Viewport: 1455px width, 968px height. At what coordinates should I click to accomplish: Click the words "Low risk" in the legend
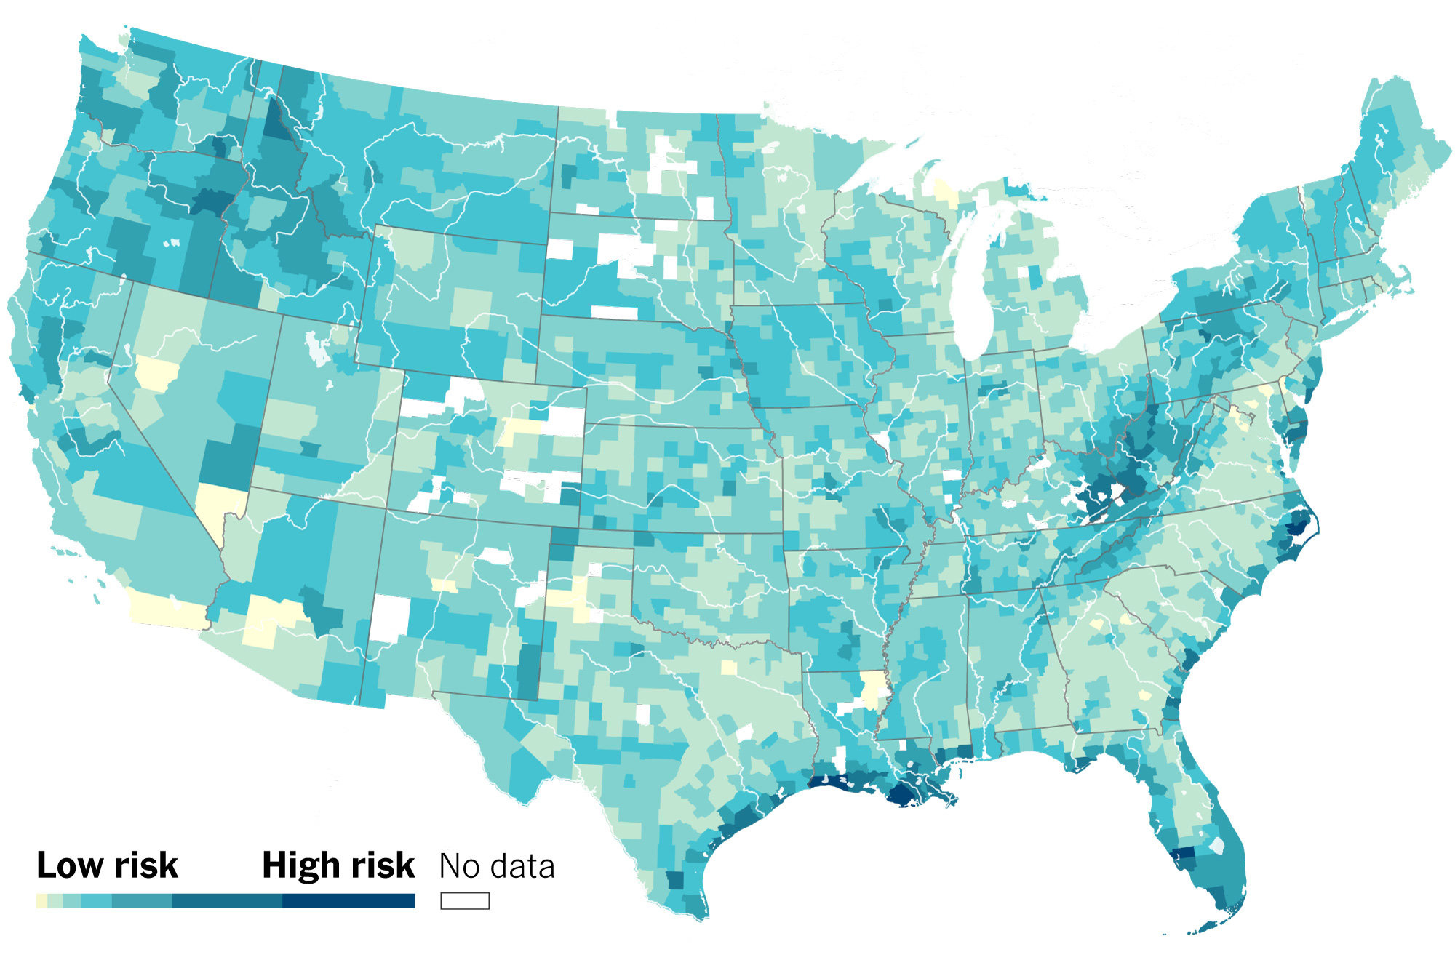[x=107, y=865]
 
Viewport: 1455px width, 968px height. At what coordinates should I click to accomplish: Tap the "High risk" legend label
[x=338, y=865]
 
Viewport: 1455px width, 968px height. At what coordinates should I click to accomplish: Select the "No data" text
[x=497, y=866]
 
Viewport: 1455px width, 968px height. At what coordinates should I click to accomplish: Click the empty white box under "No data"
[x=464, y=901]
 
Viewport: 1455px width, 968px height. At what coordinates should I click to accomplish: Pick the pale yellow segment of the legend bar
[x=41, y=901]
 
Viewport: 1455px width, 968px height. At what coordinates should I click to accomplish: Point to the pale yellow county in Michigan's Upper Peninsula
[x=946, y=192]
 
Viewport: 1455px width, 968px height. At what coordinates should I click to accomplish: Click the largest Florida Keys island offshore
[x=1208, y=927]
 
